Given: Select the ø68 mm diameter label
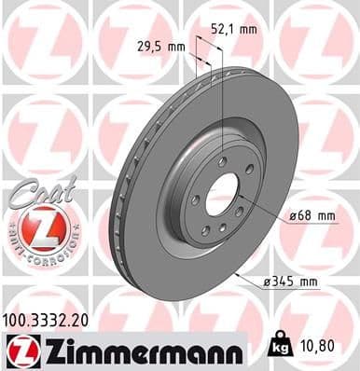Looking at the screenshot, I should [312, 215].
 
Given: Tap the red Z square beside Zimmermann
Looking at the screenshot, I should [21, 350].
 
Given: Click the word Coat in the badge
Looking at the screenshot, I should [37, 192].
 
